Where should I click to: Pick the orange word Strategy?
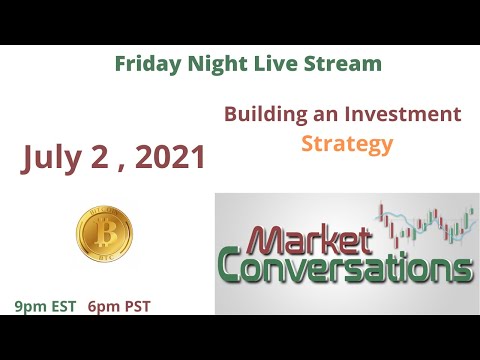pos(347,143)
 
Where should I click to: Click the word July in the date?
pos(57,157)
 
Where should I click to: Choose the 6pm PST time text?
pos(119,306)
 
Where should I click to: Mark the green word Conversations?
pos(345,269)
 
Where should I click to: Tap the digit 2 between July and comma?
pos(103,157)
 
